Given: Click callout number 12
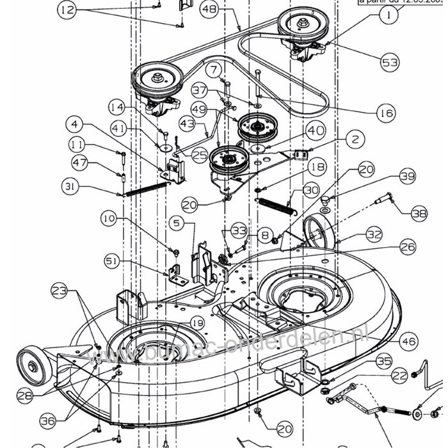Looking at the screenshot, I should (67, 10).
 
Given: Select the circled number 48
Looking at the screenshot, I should (211, 9).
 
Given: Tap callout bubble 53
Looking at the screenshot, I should (389, 63).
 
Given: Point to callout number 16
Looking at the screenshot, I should (385, 113).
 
